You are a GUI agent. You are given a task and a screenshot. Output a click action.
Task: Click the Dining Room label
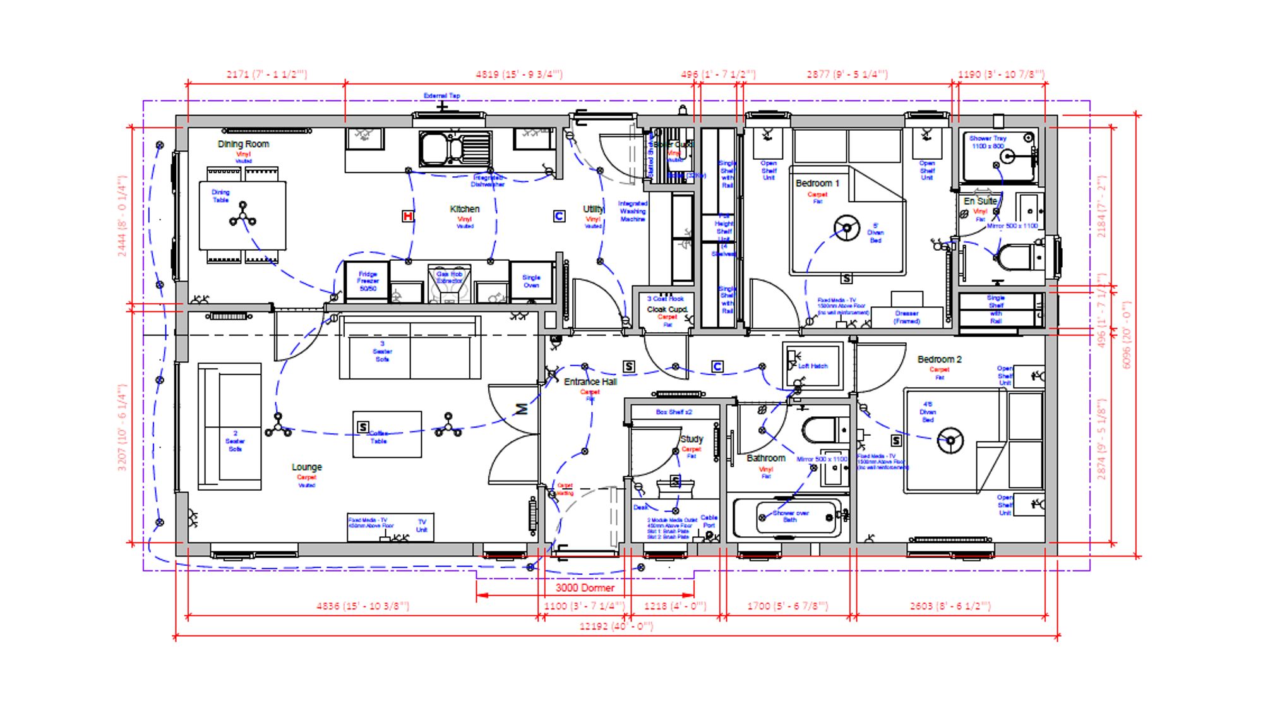pyautogui.click(x=243, y=144)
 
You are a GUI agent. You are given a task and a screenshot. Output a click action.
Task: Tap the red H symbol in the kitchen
pyautogui.click(x=408, y=217)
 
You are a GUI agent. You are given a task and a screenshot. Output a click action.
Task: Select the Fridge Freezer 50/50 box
pyautogui.click(x=368, y=282)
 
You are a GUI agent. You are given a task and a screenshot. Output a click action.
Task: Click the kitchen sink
pyautogui.click(x=455, y=149)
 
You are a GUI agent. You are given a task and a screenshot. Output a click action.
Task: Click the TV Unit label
pyautogui.click(x=422, y=525)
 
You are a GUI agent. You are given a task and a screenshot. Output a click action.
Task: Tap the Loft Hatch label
pyautogui.click(x=813, y=366)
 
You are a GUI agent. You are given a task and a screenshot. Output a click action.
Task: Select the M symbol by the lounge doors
pyautogui.click(x=522, y=409)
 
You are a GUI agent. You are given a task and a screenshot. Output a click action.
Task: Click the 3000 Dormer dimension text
pyautogui.click(x=585, y=588)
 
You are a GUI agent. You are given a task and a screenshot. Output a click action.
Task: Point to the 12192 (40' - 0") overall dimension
pyautogui.click(x=616, y=627)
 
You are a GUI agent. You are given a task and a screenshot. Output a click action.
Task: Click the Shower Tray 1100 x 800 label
pyautogui.click(x=988, y=142)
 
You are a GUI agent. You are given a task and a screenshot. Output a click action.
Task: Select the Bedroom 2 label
pyautogui.click(x=939, y=359)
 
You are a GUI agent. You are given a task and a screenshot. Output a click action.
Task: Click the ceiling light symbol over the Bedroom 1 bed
pyautogui.click(x=846, y=228)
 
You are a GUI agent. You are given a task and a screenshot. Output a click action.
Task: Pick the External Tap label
pyautogui.click(x=441, y=96)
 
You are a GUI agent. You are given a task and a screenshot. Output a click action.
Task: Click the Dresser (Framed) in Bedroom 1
pyautogui.click(x=907, y=316)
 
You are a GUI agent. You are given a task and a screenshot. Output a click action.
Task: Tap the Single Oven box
pyautogui.click(x=531, y=281)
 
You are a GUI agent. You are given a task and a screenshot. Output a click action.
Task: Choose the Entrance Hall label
pyautogui.click(x=590, y=381)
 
